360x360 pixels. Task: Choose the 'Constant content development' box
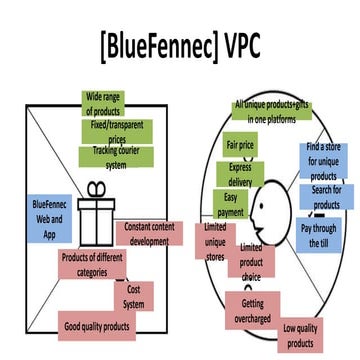point(150,233)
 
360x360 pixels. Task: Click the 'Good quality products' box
point(97,325)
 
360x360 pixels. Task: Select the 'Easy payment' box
point(232,204)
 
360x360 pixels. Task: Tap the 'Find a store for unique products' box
point(323,162)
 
